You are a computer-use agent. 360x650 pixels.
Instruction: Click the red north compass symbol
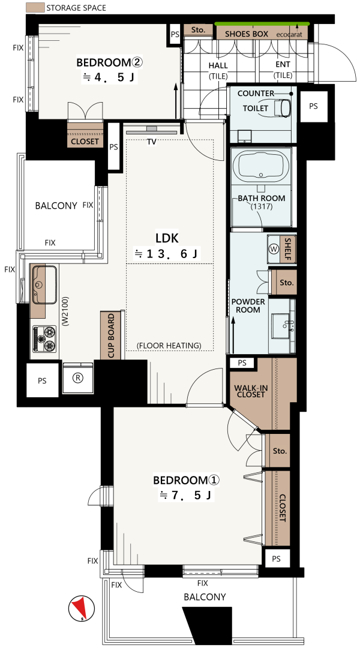pyautogui.click(x=81, y=608)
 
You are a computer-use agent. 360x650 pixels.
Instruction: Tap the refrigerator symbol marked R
pyautogui.click(x=78, y=378)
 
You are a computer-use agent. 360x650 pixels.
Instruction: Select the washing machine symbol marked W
pyautogui.click(x=274, y=249)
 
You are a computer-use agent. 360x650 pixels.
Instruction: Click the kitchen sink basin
pyautogui.click(x=44, y=284)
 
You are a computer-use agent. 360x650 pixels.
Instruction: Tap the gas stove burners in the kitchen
pyautogui.click(x=44, y=339)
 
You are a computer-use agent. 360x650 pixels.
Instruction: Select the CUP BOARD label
pyautogui.click(x=111, y=336)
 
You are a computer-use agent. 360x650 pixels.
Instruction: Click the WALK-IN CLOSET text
pyautogui.click(x=250, y=391)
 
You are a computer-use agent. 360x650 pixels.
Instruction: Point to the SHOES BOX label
pyautogui.click(x=247, y=34)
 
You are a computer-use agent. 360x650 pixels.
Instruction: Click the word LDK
pyautogui.click(x=167, y=238)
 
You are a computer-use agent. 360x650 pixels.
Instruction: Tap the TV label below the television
pyautogui.click(x=152, y=142)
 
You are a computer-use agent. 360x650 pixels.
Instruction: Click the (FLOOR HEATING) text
pyautogui.click(x=169, y=345)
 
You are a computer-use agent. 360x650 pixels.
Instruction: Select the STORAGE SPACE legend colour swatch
pyautogui.click(x=35, y=7)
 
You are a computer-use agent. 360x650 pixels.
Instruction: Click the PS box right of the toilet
pyautogui.click(x=313, y=106)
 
